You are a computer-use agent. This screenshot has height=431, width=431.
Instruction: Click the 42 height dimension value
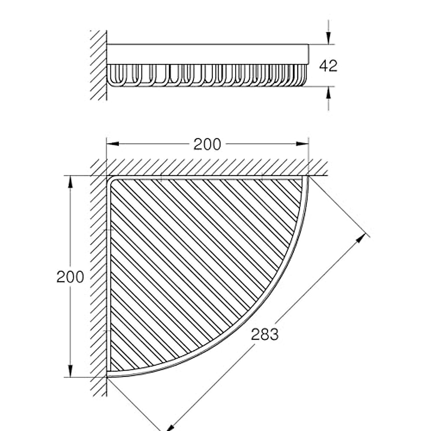(328, 66)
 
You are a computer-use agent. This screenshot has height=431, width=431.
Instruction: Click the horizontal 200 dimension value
(207, 144)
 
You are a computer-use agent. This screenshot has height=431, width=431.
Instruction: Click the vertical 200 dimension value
(70, 277)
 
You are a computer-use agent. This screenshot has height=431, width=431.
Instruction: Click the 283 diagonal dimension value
(265, 334)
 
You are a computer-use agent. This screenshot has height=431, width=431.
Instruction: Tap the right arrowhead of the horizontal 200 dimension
(302, 144)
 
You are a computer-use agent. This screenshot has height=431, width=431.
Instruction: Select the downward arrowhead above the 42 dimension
(328, 38)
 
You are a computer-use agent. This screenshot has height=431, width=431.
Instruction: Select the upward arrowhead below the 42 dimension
(328, 93)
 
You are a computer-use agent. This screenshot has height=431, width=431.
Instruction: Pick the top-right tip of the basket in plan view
(306, 178)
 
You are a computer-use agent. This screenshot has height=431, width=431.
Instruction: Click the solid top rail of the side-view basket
(207, 54)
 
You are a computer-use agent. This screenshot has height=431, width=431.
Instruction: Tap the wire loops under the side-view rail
(207, 75)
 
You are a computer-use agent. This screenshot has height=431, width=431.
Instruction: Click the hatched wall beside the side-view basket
(98, 65)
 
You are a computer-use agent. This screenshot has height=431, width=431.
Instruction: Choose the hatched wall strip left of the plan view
(98, 277)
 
